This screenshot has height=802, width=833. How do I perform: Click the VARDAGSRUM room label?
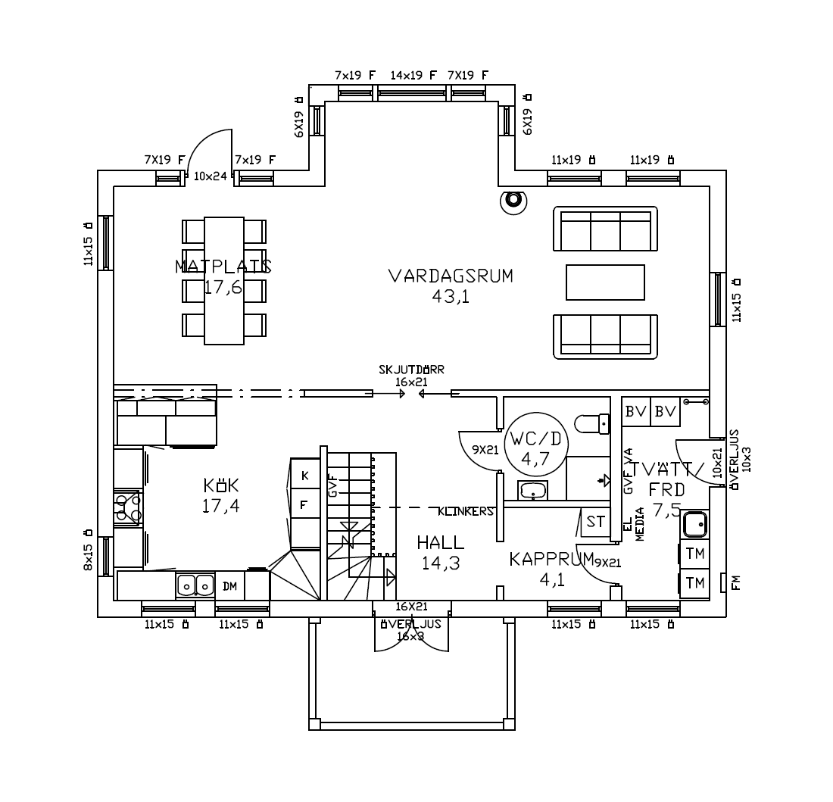451,276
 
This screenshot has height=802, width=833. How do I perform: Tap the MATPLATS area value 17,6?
223,288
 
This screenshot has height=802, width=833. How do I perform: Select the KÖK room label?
220,485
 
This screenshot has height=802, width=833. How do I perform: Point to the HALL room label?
440,543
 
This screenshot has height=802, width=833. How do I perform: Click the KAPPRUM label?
551,560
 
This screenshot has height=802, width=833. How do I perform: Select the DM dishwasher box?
229,586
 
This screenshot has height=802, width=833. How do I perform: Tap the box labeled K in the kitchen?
305,475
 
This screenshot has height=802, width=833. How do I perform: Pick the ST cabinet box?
595,523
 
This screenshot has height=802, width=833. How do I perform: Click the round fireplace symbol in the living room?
513,201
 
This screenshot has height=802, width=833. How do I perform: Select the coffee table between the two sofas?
605,282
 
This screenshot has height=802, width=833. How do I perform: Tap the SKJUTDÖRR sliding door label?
411,370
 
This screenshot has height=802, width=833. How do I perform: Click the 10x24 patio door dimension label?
211,176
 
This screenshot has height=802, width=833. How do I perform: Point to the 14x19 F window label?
413,75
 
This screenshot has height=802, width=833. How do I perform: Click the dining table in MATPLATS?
224,280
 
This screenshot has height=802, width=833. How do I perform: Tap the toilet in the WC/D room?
591,423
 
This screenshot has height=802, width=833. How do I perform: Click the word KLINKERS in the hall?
465,511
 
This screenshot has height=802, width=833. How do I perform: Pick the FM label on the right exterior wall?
736,582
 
